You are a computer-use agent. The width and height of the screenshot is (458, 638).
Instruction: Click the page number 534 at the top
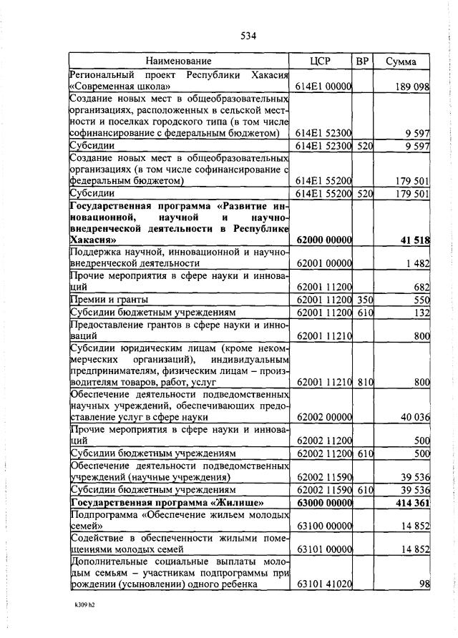pos(249,35)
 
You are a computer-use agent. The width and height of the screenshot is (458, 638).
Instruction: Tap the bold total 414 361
pos(411,503)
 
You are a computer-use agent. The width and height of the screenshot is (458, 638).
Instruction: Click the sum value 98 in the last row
pos(424,584)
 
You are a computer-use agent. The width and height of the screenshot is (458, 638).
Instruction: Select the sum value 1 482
pos(417,264)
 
